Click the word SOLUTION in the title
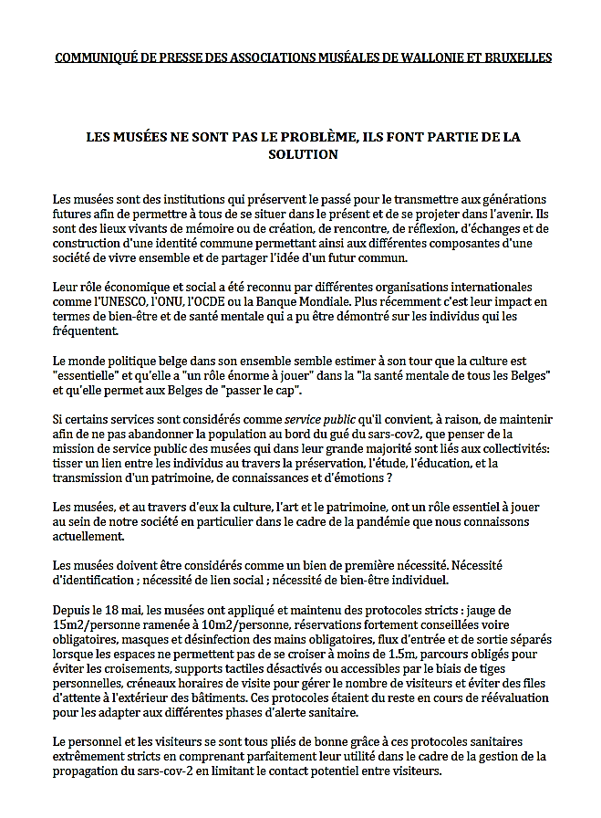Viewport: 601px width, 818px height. pos(303,155)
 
